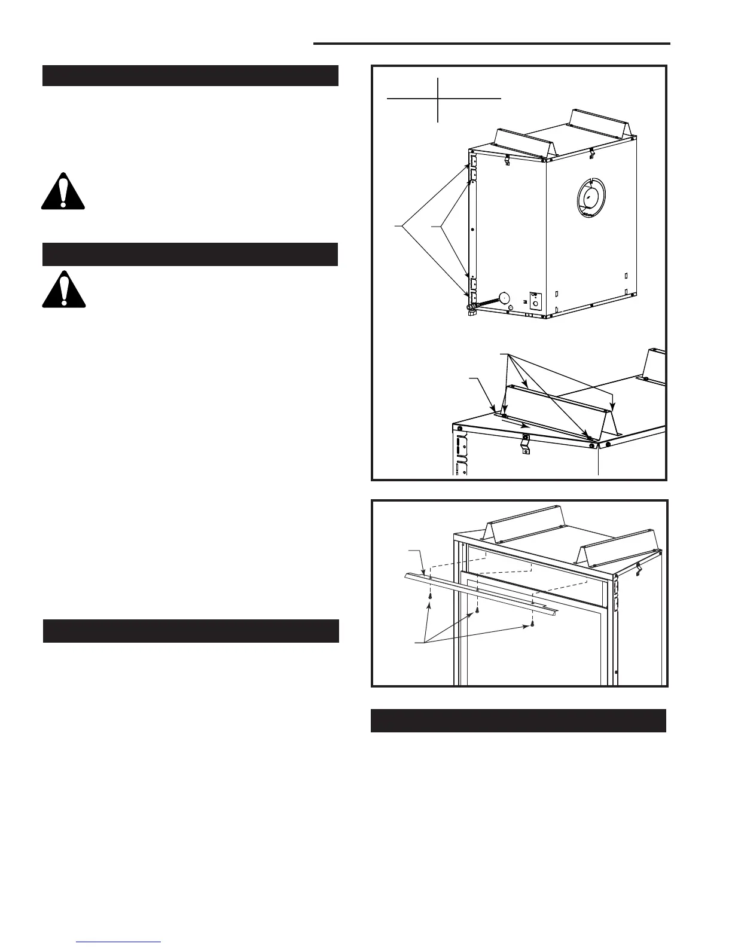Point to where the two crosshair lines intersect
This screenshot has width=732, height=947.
[x=438, y=97]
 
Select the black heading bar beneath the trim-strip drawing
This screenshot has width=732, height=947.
[x=518, y=720]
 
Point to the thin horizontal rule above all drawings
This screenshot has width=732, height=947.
[x=491, y=43]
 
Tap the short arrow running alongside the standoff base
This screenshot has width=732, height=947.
[x=514, y=423]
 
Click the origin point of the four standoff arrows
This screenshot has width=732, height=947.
[x=508, y=354]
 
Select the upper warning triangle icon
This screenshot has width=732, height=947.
[x=63, y=191]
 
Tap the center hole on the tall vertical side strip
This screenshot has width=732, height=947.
[x=472, y=229]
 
